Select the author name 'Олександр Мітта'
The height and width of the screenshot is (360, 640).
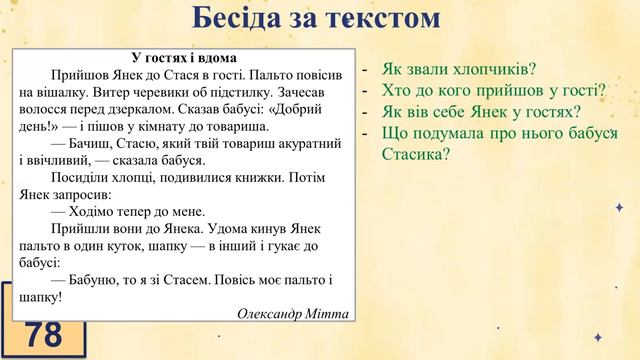pos(293,314)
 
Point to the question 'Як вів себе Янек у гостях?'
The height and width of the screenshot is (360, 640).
pos(481,112)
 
